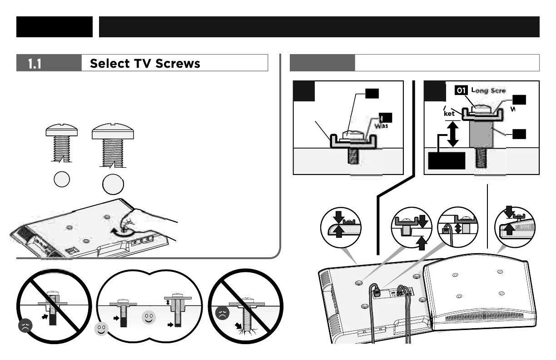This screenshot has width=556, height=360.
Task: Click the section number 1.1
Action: tap(35, 64)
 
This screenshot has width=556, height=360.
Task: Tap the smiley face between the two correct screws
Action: tap(149, 317)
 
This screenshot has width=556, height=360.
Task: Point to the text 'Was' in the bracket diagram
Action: tap(381, 126)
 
